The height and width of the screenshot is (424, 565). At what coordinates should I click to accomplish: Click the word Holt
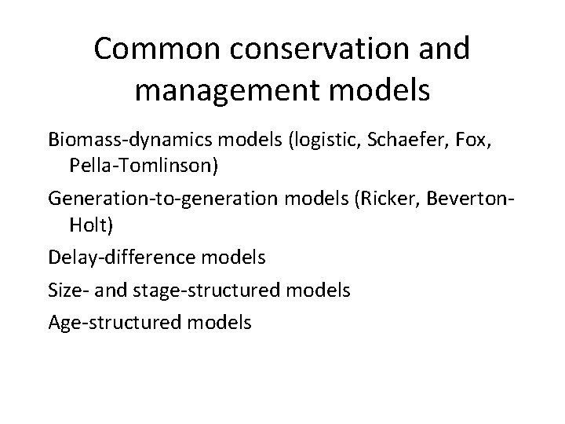pyautogui.click(x=92, y=226)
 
